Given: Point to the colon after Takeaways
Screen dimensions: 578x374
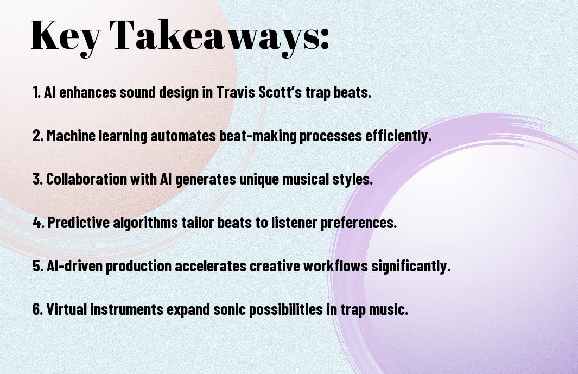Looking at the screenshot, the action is point(325,39).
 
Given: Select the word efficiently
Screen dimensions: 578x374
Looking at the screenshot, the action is point(398,136).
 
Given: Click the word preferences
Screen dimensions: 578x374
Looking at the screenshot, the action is point(358,223).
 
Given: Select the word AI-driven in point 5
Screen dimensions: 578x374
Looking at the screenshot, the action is point(74,266).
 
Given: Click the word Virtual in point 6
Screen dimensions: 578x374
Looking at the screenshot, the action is point(67,309).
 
